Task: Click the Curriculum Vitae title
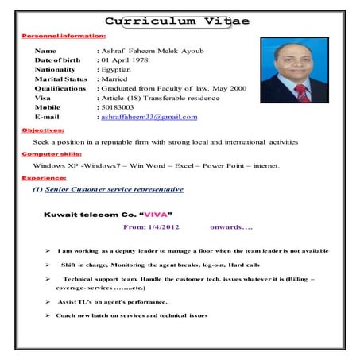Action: pos(176,21)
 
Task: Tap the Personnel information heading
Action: pos(64,37)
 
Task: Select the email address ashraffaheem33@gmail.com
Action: pos(149,117)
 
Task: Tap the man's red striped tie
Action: pos(300,93)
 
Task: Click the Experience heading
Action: pos(45,178)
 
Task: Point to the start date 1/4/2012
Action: pos(166,228)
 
